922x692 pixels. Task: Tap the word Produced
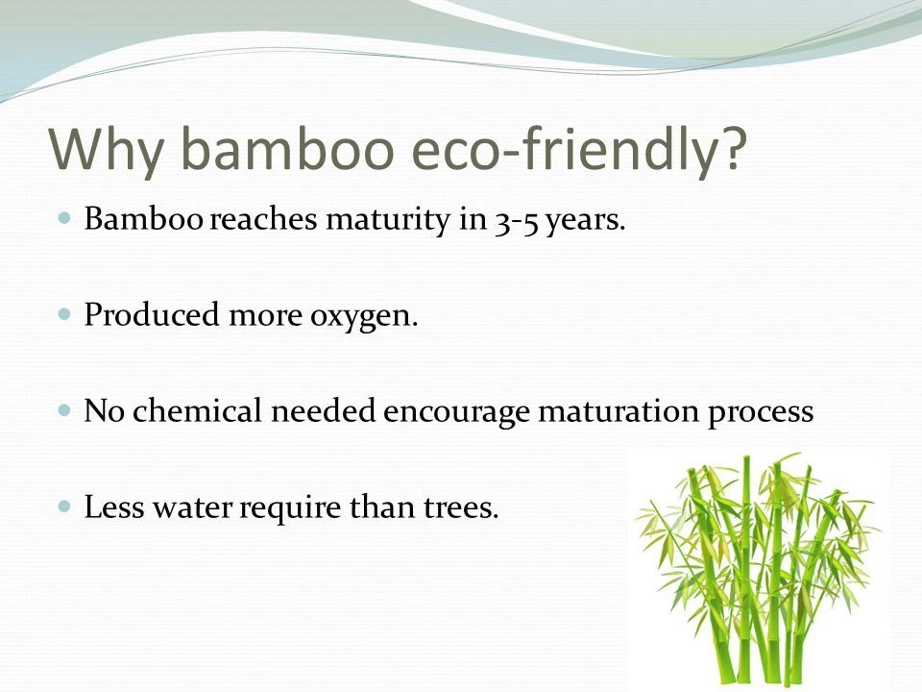click(x=152, y=313)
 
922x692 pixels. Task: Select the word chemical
click(x=197, y=409)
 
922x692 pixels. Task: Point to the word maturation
click(x=619, y=410)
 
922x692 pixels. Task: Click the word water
click(x=192, y=507)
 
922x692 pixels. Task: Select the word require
click(x=290, y=508)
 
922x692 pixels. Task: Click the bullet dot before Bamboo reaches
click(x=64, y=218)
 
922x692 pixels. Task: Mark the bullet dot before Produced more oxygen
click(x=64, y=313)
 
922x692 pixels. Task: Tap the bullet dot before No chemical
click(x=64, y=409)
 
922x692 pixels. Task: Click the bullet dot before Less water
click(x=64, y=506)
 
